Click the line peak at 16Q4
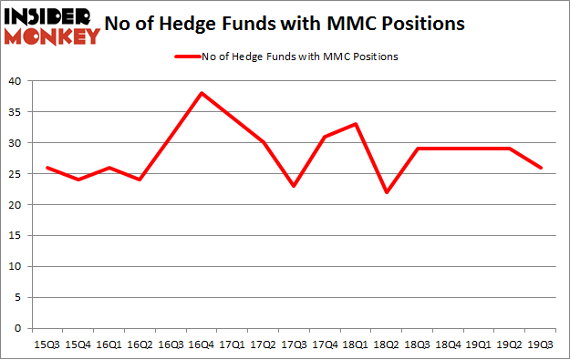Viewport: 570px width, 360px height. pos(202,93)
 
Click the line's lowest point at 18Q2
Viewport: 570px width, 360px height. pos(387,192)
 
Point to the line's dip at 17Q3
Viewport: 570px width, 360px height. pos(295,186)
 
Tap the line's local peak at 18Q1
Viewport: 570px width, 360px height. pos(356,124)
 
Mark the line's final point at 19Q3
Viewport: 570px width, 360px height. pos(542,168)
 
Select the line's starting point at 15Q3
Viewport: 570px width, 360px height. pos(47,168)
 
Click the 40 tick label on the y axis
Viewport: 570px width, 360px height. pos(16,81)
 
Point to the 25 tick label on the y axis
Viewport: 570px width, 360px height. pos(16,174)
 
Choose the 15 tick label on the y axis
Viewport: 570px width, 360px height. pos(16,236)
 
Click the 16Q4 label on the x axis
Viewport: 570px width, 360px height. pos(202,344)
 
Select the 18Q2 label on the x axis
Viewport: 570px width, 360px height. pos(387,344)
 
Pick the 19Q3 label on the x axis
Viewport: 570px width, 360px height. pos(542,344)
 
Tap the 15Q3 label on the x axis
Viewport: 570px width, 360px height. pos(47,344)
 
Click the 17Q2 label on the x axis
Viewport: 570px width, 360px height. pos(264,344)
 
